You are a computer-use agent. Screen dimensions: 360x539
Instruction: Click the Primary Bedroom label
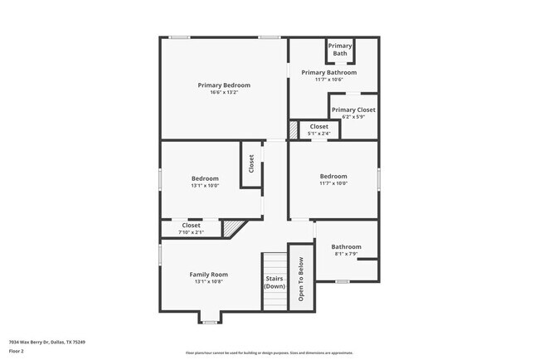click(224, 85)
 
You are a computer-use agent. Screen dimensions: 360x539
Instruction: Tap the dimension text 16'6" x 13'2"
click(224, 92)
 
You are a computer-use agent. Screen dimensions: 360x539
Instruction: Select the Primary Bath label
click(340, 50)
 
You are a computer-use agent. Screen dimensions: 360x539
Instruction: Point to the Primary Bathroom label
click(334, 73)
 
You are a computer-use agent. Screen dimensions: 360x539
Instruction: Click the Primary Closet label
click(353, 109)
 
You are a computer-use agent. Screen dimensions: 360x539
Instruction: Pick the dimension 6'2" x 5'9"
click(353, 117)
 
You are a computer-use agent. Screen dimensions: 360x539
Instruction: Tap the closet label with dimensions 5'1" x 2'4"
click(319, 127)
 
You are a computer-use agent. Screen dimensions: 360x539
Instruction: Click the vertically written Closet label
click(251, 164)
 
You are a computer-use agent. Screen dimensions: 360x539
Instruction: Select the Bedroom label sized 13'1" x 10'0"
click(205, 178)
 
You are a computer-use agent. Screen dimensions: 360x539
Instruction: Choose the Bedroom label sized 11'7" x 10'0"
click(333, 176)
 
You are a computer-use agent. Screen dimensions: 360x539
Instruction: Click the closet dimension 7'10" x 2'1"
click(192, 232)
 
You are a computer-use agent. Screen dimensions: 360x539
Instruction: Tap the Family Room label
click(208, 275)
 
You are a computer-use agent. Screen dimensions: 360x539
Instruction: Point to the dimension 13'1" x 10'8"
click(208, 282)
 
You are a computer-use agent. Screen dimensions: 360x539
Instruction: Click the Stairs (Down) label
click(274, 282)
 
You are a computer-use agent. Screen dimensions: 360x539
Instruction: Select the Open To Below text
click(301, 277)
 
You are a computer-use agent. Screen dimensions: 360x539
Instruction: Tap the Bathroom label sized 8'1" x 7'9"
click(346, 246)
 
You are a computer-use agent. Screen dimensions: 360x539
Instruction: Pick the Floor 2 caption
click(17, 351)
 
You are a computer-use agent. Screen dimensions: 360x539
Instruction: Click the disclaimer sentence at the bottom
click(269, 353)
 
